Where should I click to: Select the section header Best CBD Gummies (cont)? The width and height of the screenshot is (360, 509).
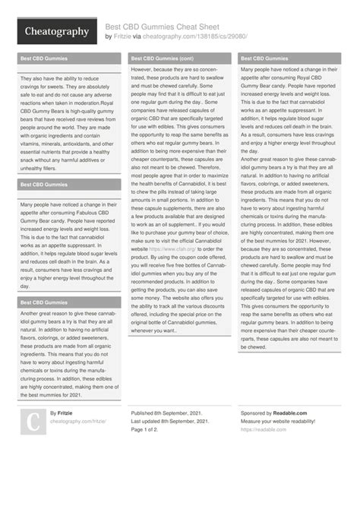[x=162, y=58]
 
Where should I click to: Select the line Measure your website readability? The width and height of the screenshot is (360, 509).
[x=285, y=421]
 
